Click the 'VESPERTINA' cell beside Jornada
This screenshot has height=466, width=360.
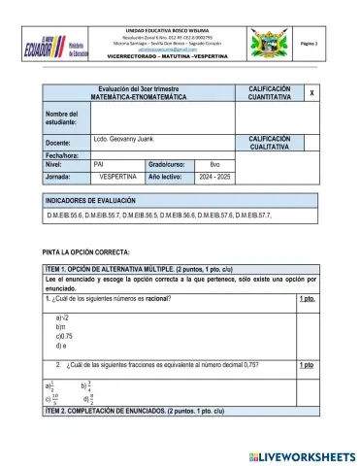point(118,179)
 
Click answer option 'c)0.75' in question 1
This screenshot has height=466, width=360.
point(66,336)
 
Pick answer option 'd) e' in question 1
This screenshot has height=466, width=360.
point(61,345)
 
